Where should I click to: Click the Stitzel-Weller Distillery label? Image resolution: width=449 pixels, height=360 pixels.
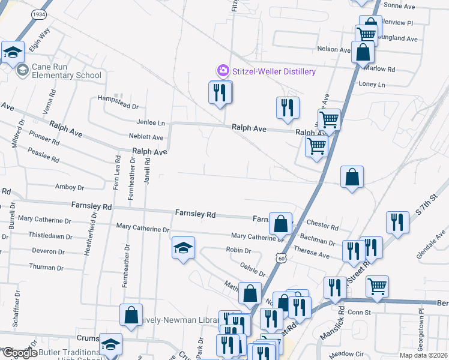pos(274,72)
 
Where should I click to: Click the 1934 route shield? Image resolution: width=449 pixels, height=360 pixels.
pos(39,13)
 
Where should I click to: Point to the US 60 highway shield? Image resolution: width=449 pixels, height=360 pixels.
pos(281,257)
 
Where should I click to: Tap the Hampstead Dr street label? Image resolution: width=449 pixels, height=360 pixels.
pos(118,106)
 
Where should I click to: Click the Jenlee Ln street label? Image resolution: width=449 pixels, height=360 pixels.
pos(151,122)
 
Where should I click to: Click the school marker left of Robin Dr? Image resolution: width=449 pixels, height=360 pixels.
pos(183,248)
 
